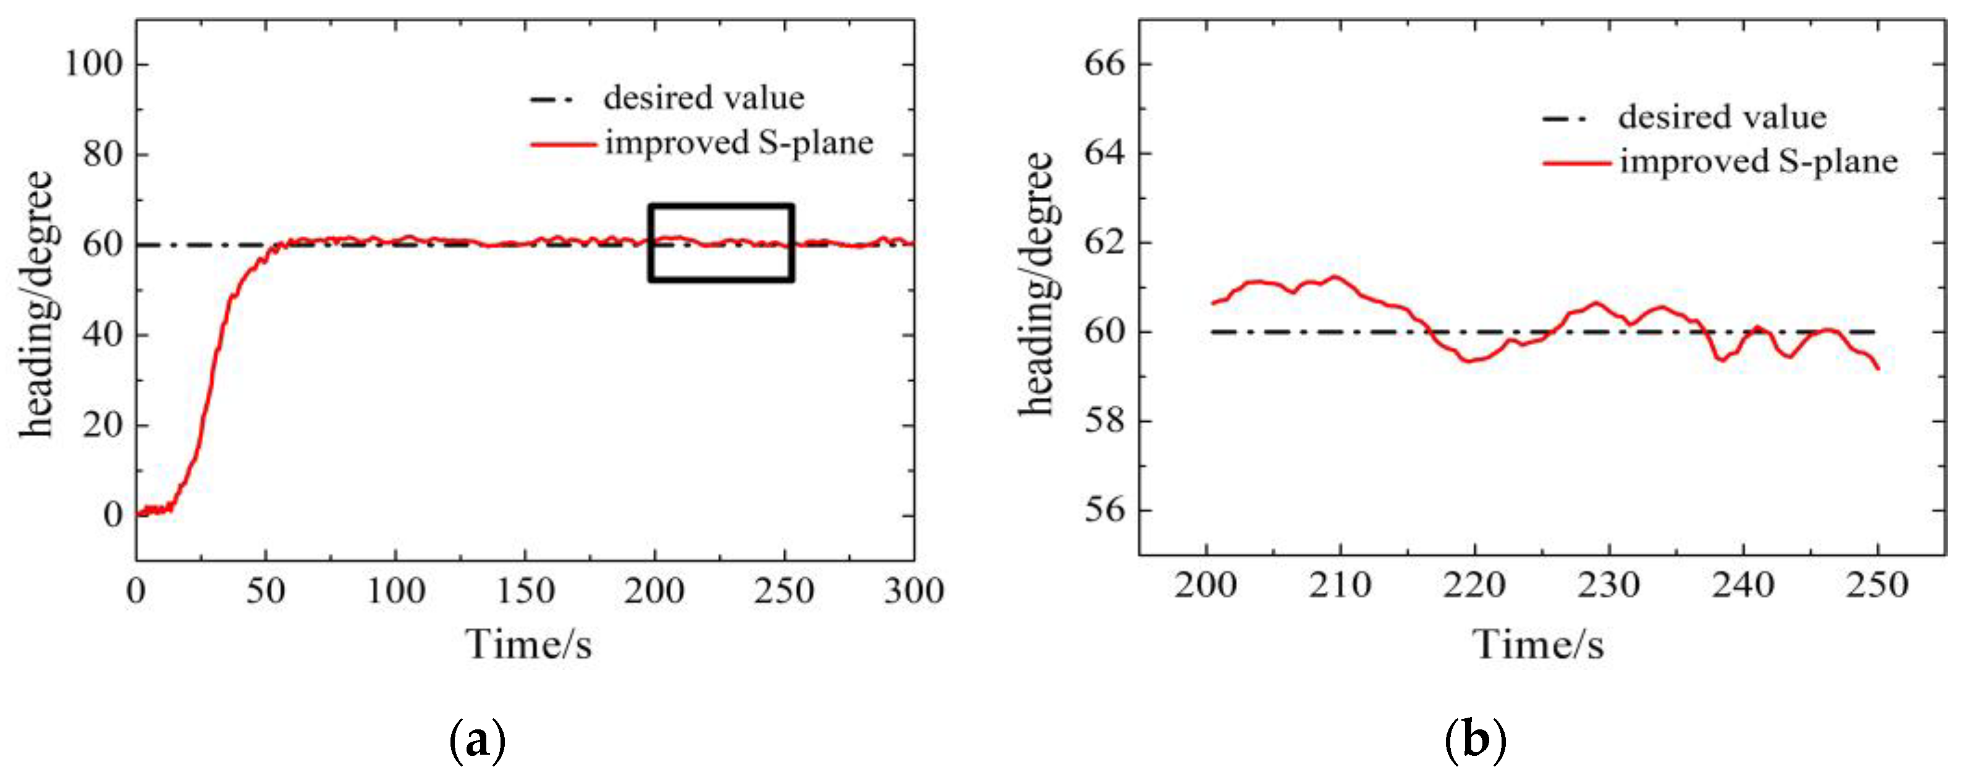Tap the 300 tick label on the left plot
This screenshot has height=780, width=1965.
coord(914,591)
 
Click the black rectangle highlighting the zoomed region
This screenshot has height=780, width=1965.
coord(721,206)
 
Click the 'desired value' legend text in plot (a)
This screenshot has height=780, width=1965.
coord(703,98)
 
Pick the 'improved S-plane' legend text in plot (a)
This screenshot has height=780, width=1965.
coord(738,143)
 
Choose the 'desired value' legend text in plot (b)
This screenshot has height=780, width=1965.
coord(1722,117)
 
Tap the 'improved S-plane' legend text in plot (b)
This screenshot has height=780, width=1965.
coord(1758,162)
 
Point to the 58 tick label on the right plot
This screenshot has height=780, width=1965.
coord(1105,421)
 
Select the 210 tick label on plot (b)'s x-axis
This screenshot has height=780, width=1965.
coord(1340,585)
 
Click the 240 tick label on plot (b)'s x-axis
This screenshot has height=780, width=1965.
coord(1743,585)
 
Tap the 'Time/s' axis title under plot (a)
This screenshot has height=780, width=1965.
coord(528,644)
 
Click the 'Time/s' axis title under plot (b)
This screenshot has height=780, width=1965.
coord(1538,644)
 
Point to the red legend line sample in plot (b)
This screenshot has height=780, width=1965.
coord(1576,162)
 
